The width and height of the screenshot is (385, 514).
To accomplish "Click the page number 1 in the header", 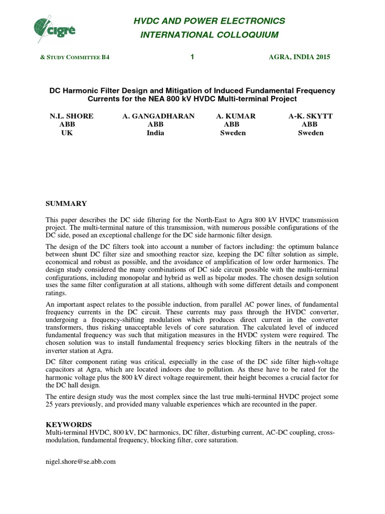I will (x=192, y=57).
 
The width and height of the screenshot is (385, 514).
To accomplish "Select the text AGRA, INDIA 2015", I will (x=300, y=57).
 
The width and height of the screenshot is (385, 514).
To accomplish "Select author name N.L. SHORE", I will (x=71, y=116).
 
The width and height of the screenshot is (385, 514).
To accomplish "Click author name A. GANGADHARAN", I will (x=158, y=116).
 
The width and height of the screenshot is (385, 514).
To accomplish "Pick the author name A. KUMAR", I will (x=236, y=116).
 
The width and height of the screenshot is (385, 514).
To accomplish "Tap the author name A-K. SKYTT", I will (x=311, y=116).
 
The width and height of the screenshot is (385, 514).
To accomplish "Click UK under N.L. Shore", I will (x=67, y=133).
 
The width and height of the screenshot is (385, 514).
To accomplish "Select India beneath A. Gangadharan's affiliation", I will (x=155, y=133).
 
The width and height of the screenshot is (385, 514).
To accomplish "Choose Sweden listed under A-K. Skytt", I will (x=311, y=133).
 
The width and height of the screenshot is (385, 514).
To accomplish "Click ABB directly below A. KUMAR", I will (x=231, y=124).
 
